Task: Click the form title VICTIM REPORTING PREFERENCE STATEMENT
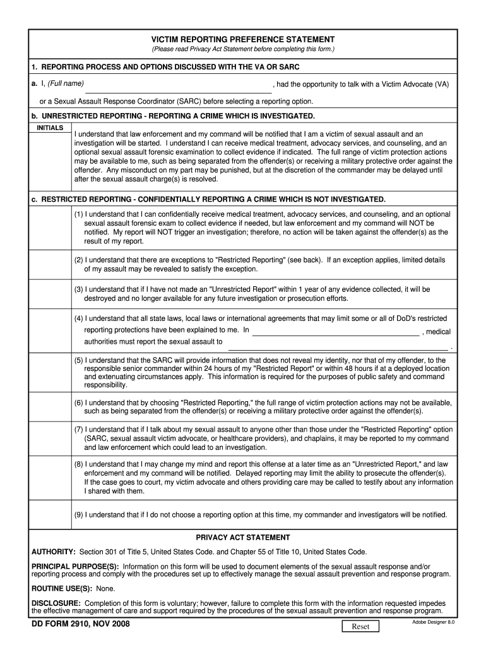coord(242,39)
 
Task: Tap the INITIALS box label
coord(50,128)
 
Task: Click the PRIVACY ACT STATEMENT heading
coord(242,537)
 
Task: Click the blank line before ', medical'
coord(335,332)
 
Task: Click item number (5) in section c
coord(78,360)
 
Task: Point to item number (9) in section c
coord(78,514)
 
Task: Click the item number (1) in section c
coord(78,214)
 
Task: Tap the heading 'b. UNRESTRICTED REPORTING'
coord(172,116)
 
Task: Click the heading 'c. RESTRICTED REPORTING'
coord(208,199)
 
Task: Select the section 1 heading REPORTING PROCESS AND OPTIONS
coord(165,67)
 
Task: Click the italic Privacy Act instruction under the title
coord(242,49)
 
